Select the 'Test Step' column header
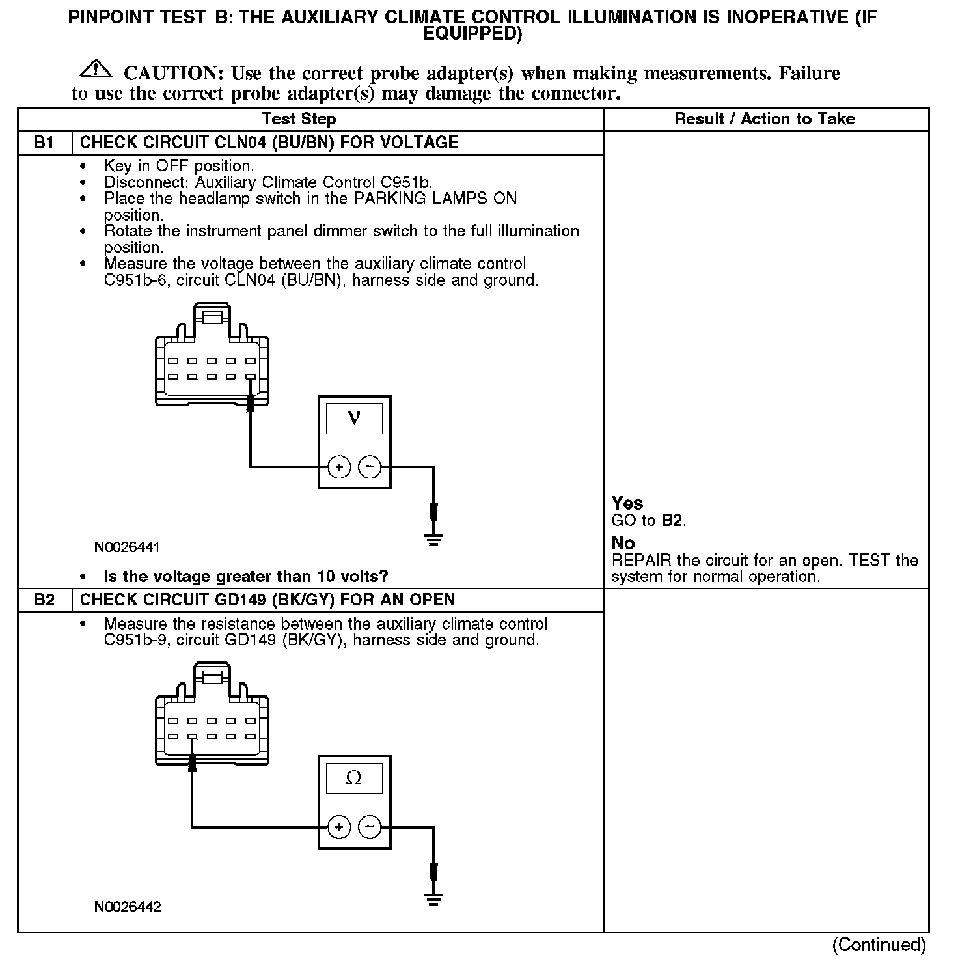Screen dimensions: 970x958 point(299,119)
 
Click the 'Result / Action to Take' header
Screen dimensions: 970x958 point(764,119)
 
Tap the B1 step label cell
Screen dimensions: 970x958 point(44,143)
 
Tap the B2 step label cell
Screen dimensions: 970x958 point(44,600)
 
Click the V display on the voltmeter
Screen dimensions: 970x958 point(354,417)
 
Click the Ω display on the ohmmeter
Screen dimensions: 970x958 point(354,778)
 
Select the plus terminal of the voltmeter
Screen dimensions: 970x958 point(339,467)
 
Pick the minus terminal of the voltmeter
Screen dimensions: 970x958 point(370,467)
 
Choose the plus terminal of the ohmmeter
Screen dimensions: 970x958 point(338,827)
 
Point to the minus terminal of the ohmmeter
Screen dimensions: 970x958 point(370,827)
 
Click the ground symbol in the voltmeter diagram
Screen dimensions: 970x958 point(433,538)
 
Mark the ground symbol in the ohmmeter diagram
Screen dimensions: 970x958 point(433,899)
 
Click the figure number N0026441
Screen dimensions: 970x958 point(127,547)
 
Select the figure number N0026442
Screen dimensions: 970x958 point(128,907)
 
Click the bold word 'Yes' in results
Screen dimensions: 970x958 point(627,503)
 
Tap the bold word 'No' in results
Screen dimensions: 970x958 point(623,543)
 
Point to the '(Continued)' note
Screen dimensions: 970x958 point(879,945)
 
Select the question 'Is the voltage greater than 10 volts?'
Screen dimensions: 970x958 point(246,577)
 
